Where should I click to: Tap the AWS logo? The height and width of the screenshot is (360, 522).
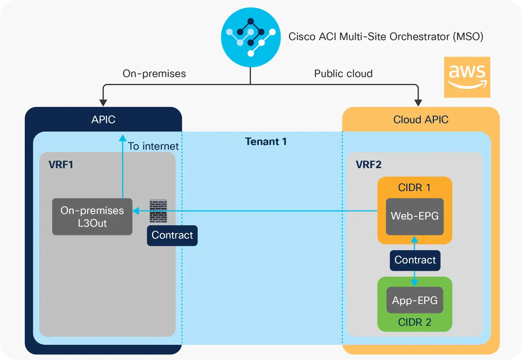[467, 77]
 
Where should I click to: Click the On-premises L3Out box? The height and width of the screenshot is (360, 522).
[92, 217]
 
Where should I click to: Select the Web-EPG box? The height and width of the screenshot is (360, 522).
[415, 216]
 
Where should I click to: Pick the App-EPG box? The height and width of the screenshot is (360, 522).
[415, 301]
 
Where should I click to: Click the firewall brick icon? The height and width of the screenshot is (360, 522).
[158, 211]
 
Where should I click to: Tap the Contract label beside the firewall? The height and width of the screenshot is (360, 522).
[172, 236]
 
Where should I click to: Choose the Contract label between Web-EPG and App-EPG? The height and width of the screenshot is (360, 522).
[415, 260]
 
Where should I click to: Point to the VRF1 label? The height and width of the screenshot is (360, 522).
[61, 165]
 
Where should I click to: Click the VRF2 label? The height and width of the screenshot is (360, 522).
[369, 165]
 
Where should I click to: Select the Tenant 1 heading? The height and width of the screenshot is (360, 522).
[266, 142]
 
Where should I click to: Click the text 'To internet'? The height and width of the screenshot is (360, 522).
[153, 146]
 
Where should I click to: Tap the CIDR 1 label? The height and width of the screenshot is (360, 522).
[414, 188]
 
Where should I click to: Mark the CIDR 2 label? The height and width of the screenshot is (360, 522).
[414, 322]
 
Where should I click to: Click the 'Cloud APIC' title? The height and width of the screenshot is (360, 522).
[421, 120]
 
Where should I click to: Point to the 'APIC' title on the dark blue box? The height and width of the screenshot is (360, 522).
[103, 120]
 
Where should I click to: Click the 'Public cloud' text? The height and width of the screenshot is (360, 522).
[343, 74]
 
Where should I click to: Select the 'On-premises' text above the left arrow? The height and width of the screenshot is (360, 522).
[154, 74]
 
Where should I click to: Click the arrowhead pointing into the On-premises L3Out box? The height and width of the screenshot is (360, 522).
[136, 211]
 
